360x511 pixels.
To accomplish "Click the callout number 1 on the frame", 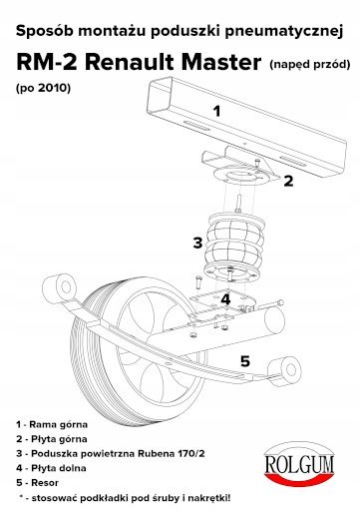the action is coord(216,111).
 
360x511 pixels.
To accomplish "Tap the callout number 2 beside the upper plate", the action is coord(288,181).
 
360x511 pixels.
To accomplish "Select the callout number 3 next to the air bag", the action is coord(197,243).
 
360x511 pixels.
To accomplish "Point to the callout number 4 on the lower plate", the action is coord(225,299).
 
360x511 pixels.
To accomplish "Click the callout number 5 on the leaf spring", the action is coord(245,361).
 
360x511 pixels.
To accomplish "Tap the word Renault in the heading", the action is coord(130,62).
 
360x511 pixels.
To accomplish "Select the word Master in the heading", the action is coord(221,62).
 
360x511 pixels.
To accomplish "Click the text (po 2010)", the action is coord(43,88).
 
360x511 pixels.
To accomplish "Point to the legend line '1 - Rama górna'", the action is coord(52,424).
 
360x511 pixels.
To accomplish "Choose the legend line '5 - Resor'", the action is coord(37,482).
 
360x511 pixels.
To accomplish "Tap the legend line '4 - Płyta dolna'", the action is coord(51,468).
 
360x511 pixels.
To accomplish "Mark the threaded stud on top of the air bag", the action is coord(238,205).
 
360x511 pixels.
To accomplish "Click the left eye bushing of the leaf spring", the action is coord(66,287).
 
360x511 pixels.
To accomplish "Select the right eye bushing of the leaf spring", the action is coord(286,370).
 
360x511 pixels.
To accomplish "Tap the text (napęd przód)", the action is coord(310,64).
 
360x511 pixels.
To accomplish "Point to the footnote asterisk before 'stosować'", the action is coord(22,497).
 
